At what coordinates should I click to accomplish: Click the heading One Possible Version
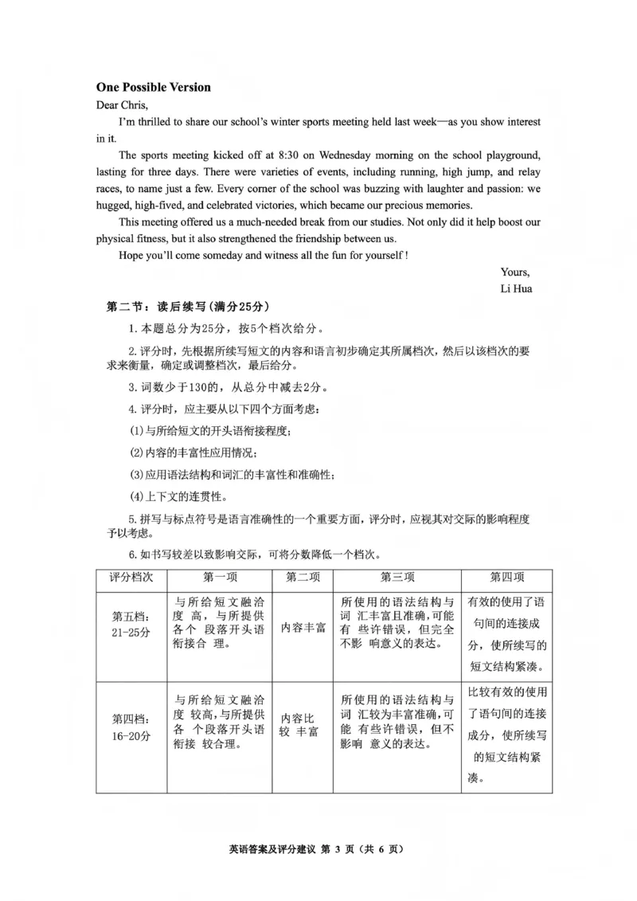point(154,87)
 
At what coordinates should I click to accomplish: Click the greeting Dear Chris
point(123,104)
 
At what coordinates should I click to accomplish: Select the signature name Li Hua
point(516,288)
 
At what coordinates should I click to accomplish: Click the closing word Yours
point(515,272)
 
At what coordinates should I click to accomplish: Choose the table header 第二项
point(302,578)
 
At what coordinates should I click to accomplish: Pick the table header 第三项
point(396,578)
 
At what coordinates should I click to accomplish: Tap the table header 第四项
point(507,578)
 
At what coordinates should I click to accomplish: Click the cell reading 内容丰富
point(303,627)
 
